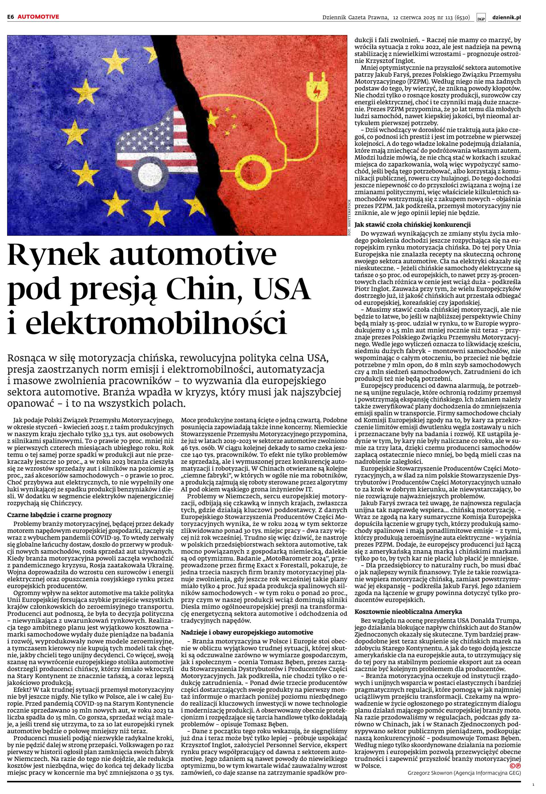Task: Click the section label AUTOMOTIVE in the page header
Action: [x=38, y=17]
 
